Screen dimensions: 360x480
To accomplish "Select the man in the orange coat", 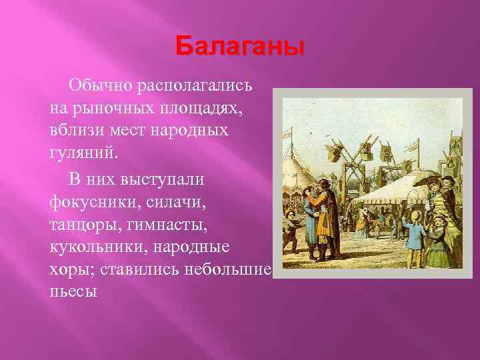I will pyautogui.click(x=325, y=213).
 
